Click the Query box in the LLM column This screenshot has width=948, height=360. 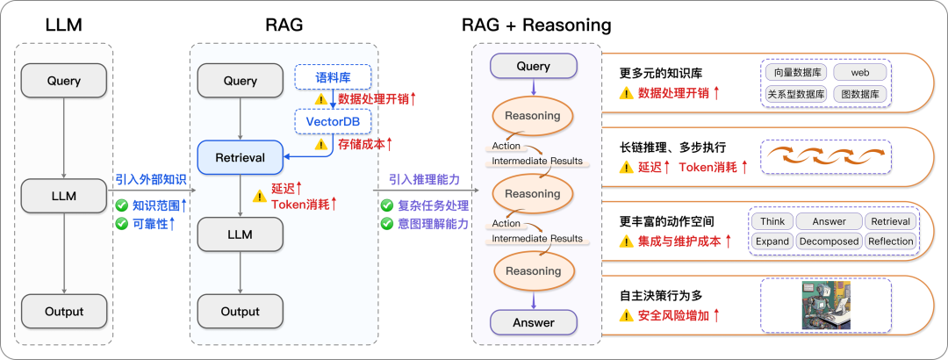pos(65,81)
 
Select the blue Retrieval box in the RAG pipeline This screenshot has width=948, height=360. pos(241,158)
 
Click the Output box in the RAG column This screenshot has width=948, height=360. pos(241,312)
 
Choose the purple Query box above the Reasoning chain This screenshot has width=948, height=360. pos(534,66)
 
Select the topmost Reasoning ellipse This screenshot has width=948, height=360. pos(534,116)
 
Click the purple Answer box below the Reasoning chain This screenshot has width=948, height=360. pos(534,322)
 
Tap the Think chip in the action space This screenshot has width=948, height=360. pos(772,221)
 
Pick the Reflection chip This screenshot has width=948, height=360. pos(890,241)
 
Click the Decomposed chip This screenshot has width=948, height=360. pos(829,241)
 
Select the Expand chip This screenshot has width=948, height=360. pos(772,241)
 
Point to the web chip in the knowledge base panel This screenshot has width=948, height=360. pos(859,72)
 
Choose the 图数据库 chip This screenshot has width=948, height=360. pos(859,93)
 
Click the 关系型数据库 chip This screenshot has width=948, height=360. pos(795,93)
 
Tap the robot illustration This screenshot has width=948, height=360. pos(826,305)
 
